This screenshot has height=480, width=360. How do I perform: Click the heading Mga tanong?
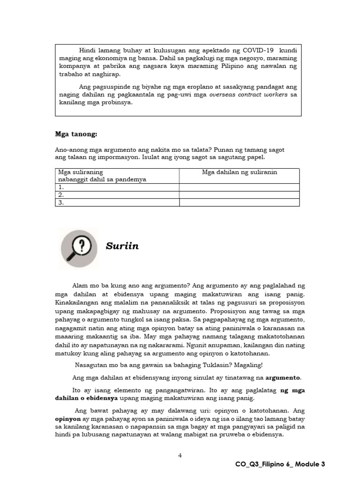(x=76, y=135)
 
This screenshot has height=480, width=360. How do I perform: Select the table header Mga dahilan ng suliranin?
(x=240, y=172)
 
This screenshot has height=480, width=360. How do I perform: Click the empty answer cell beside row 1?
(x=239, y=187)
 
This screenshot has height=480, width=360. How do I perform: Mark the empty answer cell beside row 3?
(x=239, y=202)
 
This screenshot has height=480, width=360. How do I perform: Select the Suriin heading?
(x=122, y=246)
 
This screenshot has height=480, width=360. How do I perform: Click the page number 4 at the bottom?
(x=180, y=455)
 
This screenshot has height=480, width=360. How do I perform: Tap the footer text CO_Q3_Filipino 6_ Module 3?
(x=280, y=464)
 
